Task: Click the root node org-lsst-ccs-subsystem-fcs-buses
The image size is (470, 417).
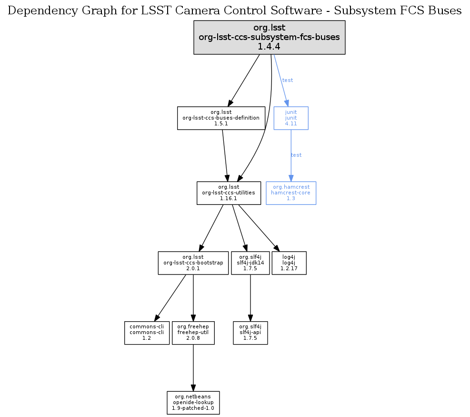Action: point(269,37)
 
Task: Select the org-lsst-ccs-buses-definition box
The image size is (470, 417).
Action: point(221,118)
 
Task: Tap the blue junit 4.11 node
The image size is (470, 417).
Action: point(291,118)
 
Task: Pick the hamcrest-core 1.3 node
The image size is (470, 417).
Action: point(291,193)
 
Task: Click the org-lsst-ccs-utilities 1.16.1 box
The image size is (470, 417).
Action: point(229,193)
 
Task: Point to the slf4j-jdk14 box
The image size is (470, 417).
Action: point(250,263)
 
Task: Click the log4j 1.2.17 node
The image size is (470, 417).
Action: point(289,263)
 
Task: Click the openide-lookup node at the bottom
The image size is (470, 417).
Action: point(193,403)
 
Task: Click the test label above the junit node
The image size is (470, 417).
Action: point(288,80)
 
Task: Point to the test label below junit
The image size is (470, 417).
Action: point(296,155)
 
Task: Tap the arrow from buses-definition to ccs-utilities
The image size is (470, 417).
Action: point(225,155)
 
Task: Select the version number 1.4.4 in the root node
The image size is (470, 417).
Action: point(269,47)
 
